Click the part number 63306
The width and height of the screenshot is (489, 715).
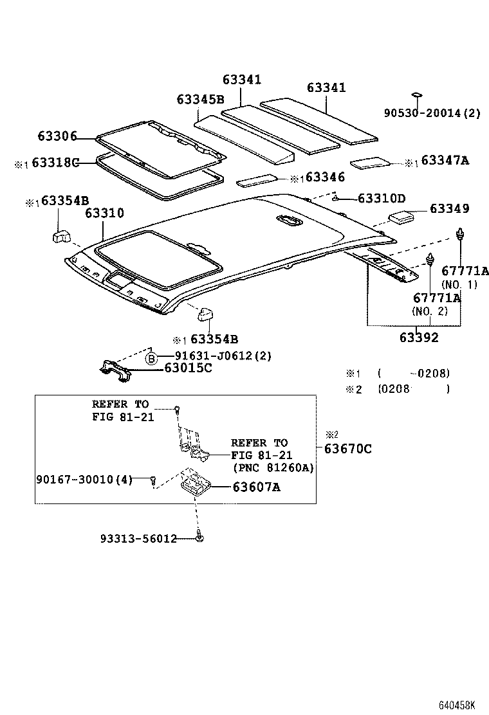coord(57,136)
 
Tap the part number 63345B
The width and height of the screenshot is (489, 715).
coord(200,100)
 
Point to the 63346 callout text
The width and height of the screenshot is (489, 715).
coord(325,177)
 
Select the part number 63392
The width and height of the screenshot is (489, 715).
coord(419,337)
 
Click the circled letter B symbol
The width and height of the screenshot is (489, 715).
coord(151,358)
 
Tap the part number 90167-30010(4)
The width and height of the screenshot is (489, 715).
coord(83,480)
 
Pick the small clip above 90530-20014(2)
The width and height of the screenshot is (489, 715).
coord(417,96)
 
